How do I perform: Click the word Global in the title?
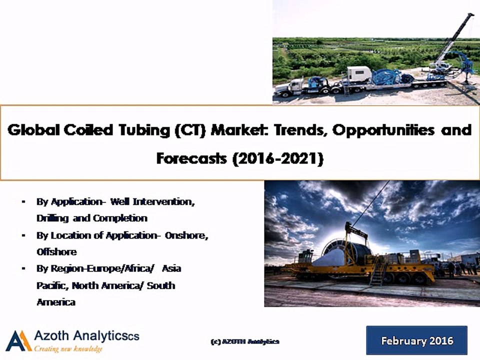34,130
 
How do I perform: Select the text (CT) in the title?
189,131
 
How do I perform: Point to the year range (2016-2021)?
276,158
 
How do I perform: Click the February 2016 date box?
416,341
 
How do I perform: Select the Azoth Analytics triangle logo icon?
18,341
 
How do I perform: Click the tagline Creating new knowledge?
68,348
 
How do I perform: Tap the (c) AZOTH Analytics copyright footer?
245,341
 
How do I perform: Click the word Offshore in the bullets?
56,251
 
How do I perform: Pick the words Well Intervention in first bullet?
151,201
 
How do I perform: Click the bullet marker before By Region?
23,268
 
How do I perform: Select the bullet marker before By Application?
23,201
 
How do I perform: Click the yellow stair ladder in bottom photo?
377,272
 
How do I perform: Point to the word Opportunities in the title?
376,130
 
